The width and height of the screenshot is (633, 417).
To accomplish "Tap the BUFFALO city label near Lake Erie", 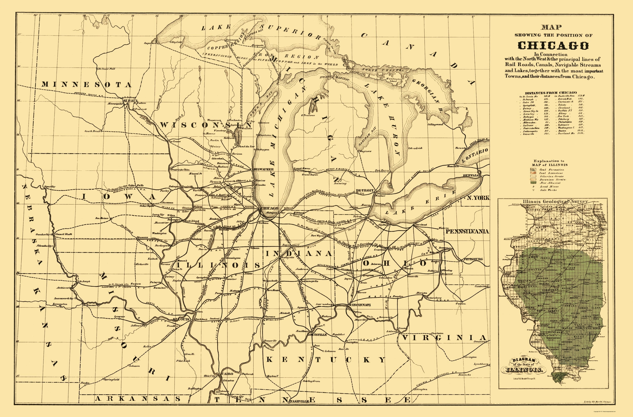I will coord(472,176).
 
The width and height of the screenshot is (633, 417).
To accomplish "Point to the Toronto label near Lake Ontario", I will coord(461,148).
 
